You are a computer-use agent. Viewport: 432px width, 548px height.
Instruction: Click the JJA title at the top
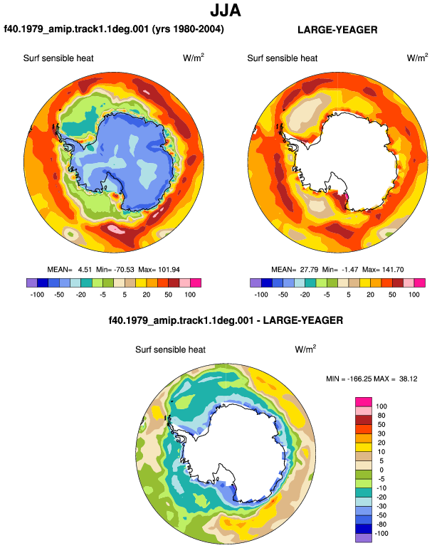click(x=226, y=11)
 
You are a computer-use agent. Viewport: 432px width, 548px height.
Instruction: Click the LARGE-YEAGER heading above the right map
click(x=337, y=30)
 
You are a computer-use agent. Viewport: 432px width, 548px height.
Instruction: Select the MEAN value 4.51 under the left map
click(x=85, y=270)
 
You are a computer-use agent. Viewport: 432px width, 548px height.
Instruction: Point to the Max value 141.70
click(x=393, y=270)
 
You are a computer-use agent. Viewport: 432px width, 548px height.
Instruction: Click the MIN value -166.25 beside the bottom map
click(x=359, y=379)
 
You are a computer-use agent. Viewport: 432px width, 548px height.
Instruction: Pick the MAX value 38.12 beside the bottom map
click(x=409, y=379)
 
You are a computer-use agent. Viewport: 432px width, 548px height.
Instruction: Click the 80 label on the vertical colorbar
click(x=381, y=416)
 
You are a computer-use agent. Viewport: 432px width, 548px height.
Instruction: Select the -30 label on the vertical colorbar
click(x=381, y=506)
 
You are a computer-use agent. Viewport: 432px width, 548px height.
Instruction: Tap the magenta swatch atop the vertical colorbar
click(x=364, y=401)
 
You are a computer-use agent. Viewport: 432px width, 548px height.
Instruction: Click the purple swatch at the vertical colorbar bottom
click(x=364, y=538)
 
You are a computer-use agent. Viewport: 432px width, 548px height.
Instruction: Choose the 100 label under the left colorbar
click(x=190, y=295)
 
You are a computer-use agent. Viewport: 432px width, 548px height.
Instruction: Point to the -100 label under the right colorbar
click(x=261, y=295)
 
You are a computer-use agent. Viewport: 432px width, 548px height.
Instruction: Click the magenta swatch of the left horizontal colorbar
click(x=196, y=283)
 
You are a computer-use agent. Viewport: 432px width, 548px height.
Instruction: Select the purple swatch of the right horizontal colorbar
click(x=255, y=283)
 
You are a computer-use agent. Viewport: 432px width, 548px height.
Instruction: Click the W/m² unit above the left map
click(x=194, y=58)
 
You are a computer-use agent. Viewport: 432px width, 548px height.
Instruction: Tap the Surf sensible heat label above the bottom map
click(x=170, y=350)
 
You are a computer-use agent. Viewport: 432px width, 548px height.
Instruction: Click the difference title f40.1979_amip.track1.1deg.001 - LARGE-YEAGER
click(x=226, y=320)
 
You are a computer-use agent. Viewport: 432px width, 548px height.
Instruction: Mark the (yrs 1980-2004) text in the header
click(x=188, y=29)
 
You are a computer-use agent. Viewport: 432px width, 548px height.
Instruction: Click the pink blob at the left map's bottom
click(x=116, y=230)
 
